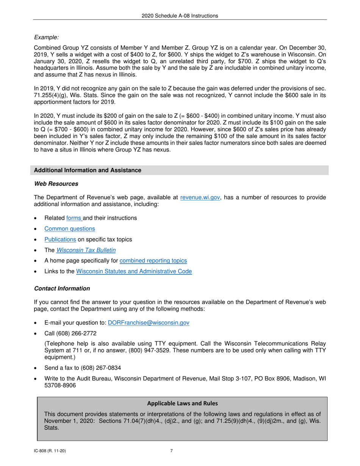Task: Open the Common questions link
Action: click(x=70, y=229)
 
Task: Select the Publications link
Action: click(x=60, y=239)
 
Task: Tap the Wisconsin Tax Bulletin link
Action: click(x=86, y=250)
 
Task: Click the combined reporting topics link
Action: click(x=153, y=261)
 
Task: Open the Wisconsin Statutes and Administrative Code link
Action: click(x=134, y=271)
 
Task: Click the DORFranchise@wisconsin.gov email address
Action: click(x=149, y=323)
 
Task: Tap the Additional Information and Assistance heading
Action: click(x=88, y=170)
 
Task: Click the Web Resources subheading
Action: click(x=56, y=184)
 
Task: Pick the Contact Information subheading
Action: click(x=62, y=289)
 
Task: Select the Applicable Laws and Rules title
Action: click(x=182, y=403)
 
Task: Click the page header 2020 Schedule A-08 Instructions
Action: click(x=180, y=16)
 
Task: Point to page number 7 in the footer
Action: click(x=171, y=451)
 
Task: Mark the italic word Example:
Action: click(x=47, y=37)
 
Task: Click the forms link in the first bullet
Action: click(x=74, y=218)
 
